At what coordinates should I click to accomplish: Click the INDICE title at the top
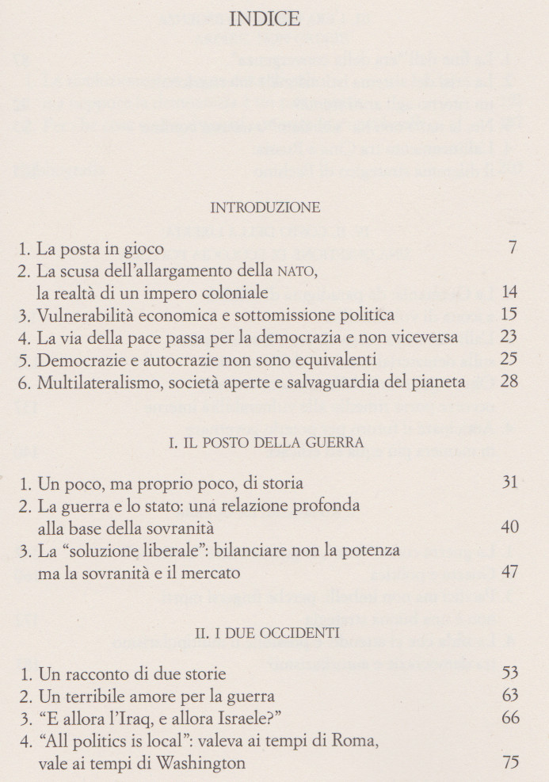click(264, 19)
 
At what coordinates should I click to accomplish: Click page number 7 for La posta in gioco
click(513, 247)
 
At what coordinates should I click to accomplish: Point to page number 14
click(509, 292)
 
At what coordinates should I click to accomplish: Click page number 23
click(509, 338)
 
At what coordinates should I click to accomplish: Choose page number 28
click(509, 382)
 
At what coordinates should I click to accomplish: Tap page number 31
click(509, 483)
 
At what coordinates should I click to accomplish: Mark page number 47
click(509, 572)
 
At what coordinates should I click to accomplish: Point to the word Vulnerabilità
click(89, 315)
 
